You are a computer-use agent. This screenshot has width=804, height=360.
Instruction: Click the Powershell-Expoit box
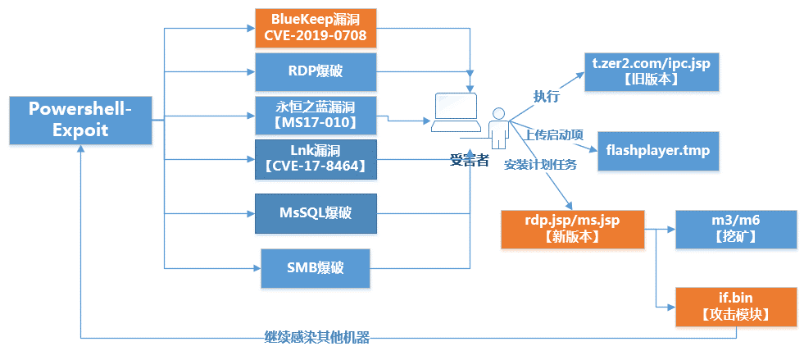click(x=81, y=120)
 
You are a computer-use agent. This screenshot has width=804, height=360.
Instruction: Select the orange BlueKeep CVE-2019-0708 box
click(x=316, y=28)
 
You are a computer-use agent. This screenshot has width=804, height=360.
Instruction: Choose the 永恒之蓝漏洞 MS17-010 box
click(x=316, y=116)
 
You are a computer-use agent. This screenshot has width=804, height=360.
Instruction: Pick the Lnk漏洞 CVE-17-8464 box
click(x=316, y=159)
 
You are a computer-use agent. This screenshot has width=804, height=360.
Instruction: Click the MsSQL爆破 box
click(x=316, y=213)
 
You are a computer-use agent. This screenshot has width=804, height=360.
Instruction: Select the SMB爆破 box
click(x=316, y=268)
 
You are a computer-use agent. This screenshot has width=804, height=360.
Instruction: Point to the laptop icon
click(x=456, y=112)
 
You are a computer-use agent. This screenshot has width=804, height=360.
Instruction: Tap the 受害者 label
click(x=469, y=159)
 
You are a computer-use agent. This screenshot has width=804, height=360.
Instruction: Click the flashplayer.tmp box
click(x=658, y=151)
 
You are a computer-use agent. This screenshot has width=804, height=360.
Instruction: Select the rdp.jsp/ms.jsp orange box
click(x=572, y=230)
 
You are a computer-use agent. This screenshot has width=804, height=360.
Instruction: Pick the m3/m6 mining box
click(x=728, y=230)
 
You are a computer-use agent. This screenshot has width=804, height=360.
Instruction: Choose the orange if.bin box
click(x=735, y=307)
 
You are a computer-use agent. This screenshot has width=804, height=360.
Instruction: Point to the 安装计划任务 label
click(x=540, y=165)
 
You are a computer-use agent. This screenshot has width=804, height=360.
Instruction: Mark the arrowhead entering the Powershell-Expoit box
click(x=81, y=148)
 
